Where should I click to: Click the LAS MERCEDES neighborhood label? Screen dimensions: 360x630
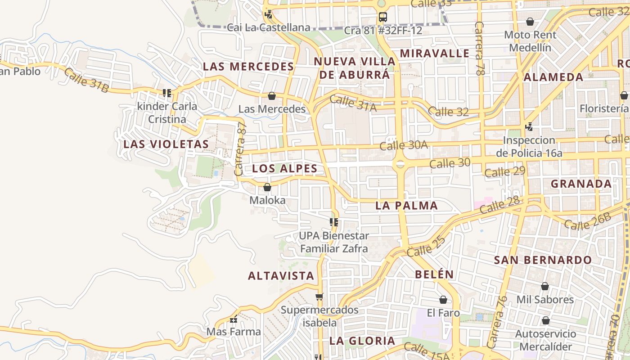click(248, 67)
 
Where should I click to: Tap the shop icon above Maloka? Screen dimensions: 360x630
click(267, 187)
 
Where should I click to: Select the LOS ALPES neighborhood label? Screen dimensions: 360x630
click(284, 169)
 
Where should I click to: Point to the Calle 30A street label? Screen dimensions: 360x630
click(403, 145)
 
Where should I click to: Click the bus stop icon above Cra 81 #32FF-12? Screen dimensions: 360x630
click(382, 18)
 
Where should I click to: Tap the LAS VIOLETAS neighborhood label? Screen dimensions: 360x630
click(166, 144)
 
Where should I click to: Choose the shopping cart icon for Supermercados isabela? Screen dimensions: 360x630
click(319, 297)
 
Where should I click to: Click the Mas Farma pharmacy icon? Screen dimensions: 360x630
click(234, 319)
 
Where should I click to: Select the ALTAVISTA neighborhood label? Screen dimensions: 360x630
click(281, 276)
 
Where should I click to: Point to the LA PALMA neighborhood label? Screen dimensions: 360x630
click(406, 206)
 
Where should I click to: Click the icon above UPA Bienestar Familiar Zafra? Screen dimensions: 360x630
click(334, 222)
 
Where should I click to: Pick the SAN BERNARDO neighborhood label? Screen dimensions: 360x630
click(543, 260)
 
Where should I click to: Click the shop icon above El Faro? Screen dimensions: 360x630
click(443, 300)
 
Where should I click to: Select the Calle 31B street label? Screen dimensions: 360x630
click(86, 80)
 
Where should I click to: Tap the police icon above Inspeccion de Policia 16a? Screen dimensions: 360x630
click(529, 127)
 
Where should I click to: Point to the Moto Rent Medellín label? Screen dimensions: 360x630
click(530, 41)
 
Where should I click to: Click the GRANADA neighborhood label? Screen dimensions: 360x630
click(581, 184)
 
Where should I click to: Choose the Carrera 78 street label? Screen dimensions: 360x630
click(480, 48)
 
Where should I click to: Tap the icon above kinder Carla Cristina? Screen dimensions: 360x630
click(167, 93)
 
